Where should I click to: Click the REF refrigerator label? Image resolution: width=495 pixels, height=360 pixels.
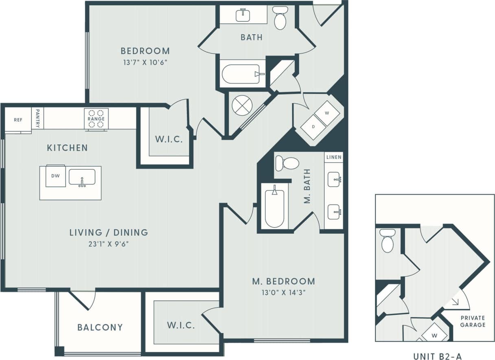(18, 120)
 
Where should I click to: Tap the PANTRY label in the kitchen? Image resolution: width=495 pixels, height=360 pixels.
(37, 119)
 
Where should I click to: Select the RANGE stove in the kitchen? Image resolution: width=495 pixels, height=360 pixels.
(96, 119)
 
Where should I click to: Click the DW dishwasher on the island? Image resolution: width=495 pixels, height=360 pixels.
(55, 176)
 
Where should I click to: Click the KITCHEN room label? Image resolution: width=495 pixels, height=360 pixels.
(67, 147)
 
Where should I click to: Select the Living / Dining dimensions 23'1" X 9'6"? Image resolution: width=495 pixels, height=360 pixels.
(108, 244)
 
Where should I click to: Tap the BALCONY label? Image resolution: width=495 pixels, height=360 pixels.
(100, 327)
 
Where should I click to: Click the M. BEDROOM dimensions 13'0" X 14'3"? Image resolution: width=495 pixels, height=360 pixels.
(283, 292)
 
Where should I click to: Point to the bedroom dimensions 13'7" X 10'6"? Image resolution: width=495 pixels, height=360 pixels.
(145, 62)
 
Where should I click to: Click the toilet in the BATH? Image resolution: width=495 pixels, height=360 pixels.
(280, 19)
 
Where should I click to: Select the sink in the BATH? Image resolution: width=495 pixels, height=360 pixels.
(243, 15)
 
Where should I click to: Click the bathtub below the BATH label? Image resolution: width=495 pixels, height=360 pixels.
(241, 74)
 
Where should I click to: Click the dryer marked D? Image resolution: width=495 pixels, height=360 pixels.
(313, 127)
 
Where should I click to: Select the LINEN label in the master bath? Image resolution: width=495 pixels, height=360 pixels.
(334, 157)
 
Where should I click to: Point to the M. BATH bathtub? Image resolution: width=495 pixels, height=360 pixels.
(274, 206)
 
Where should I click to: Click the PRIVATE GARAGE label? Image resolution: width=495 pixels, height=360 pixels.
(473, 321)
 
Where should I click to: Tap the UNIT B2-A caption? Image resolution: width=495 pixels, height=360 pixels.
(438, 356)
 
